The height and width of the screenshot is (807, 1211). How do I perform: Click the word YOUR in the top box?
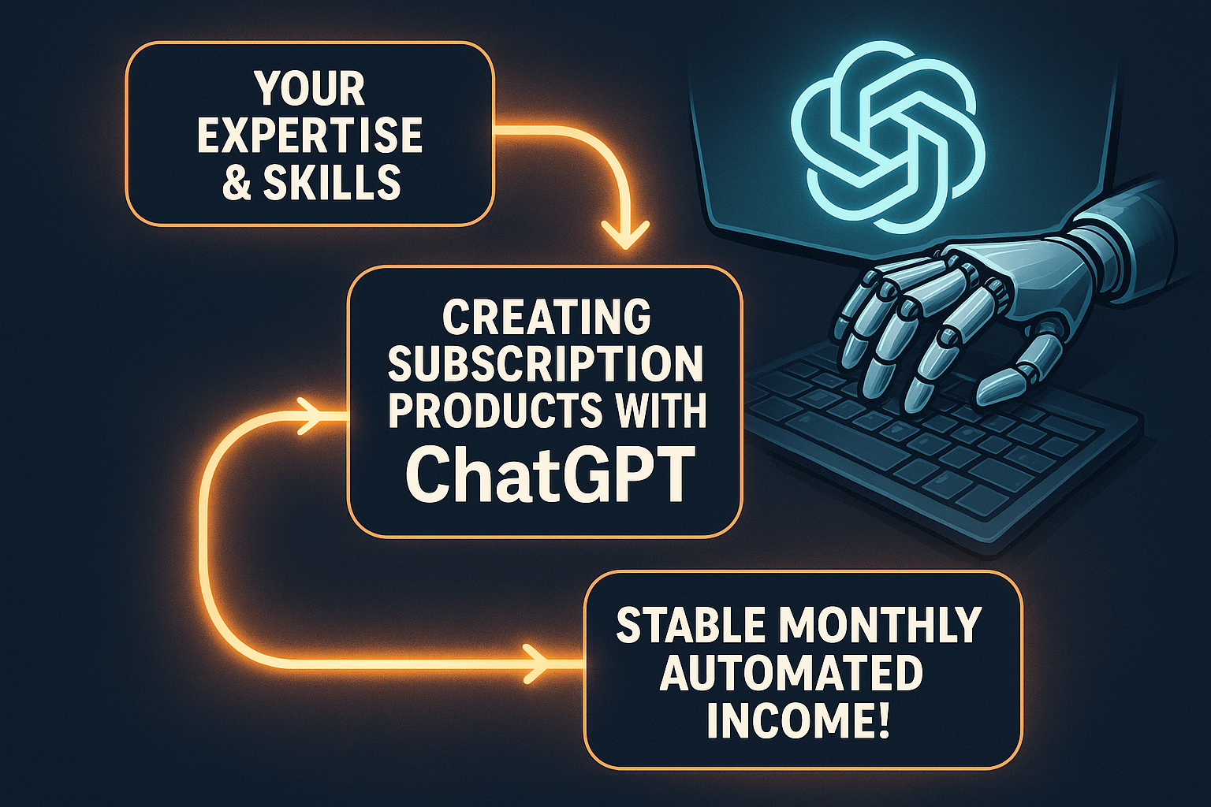(311, 88)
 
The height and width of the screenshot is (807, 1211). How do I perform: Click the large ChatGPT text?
(550, 475)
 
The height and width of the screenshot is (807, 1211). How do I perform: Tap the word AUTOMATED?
(792, 672)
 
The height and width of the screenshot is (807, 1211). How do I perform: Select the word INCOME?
(798, 720)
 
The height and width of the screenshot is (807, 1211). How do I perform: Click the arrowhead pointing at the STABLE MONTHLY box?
(536, 663)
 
